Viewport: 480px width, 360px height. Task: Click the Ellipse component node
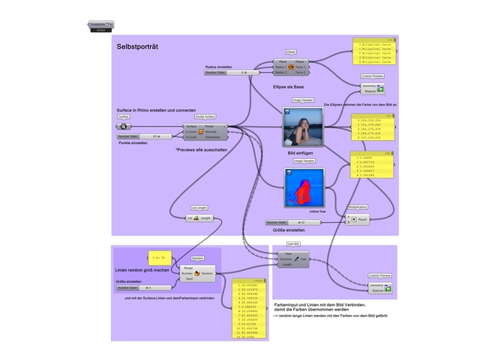pyautogui.click(x=291, y=67)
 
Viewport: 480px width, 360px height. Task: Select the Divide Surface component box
pyautogui.click(x=205, y=132)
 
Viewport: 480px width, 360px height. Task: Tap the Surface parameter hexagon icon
pyautogui.click(x=124, y=127)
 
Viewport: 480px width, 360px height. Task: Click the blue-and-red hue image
pyautogui.click(x=303, y=187)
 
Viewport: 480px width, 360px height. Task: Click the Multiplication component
pyautogui.click(x=356, y=219)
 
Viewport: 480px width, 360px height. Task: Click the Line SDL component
pyautogui.click(x=293, y=259)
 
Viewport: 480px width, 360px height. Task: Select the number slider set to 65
pyautogui.click(x=139, y=136)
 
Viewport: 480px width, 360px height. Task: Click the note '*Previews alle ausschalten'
pyautogui.click(x=200, y=149)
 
